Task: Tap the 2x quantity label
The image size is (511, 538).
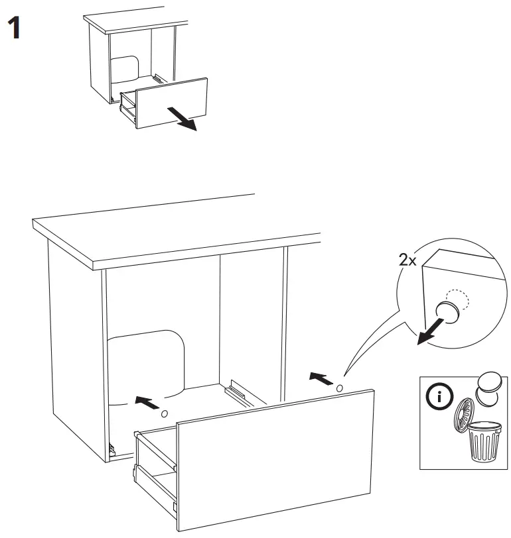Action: click(407, 260)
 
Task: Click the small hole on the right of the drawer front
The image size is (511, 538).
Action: click(340, 388)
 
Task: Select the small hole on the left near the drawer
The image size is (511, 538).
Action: click(164, 413)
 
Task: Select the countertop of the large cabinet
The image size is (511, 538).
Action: click(173, 229)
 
